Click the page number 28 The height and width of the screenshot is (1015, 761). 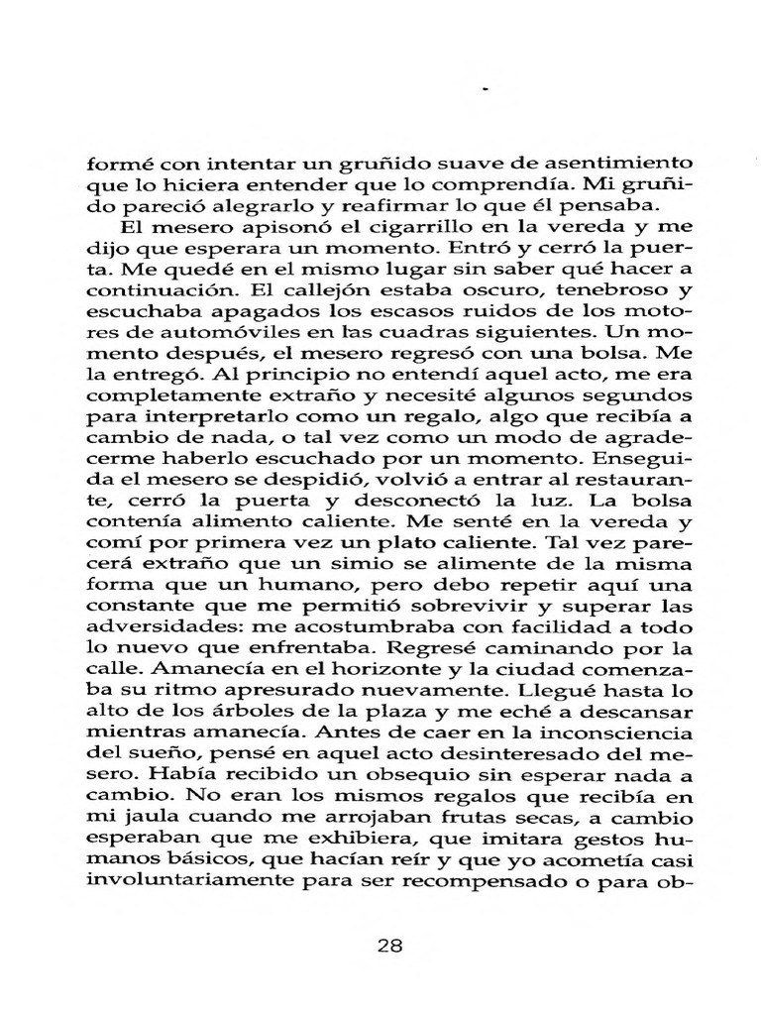391,946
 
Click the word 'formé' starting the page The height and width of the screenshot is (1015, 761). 112,163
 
